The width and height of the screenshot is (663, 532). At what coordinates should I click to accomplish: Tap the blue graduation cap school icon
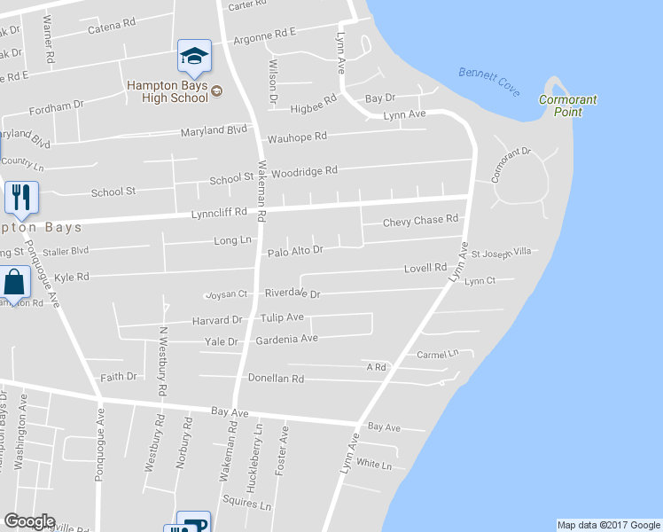coord(193,57)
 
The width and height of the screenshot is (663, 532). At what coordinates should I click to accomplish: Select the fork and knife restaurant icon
coord(21,197)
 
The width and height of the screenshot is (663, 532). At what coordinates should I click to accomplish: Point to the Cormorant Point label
coord(567,105)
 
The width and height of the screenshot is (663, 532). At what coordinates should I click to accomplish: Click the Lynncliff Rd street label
coord(217,214)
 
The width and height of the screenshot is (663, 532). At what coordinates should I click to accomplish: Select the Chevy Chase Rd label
coord(420,220)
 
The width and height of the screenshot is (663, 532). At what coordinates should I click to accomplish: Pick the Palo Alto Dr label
coord(295,251)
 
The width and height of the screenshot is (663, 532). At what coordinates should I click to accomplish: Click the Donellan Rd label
coord(276,379)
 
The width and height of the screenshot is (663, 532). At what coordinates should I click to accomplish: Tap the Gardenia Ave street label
coord(286,339)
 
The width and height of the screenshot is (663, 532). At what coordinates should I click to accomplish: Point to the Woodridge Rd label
coord(305,170)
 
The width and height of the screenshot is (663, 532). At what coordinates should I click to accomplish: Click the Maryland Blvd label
coord(214,131)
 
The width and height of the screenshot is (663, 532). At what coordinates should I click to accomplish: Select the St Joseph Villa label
coord(501,253)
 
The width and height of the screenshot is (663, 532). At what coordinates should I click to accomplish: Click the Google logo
coord(29,521)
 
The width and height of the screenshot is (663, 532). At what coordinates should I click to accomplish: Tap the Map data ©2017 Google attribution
coord(608,525)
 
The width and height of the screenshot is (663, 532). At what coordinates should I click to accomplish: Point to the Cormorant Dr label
coord(511,164)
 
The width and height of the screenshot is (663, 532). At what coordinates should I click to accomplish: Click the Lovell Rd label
coord(425,267)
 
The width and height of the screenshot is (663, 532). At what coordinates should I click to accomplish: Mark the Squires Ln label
coord(253,505)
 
